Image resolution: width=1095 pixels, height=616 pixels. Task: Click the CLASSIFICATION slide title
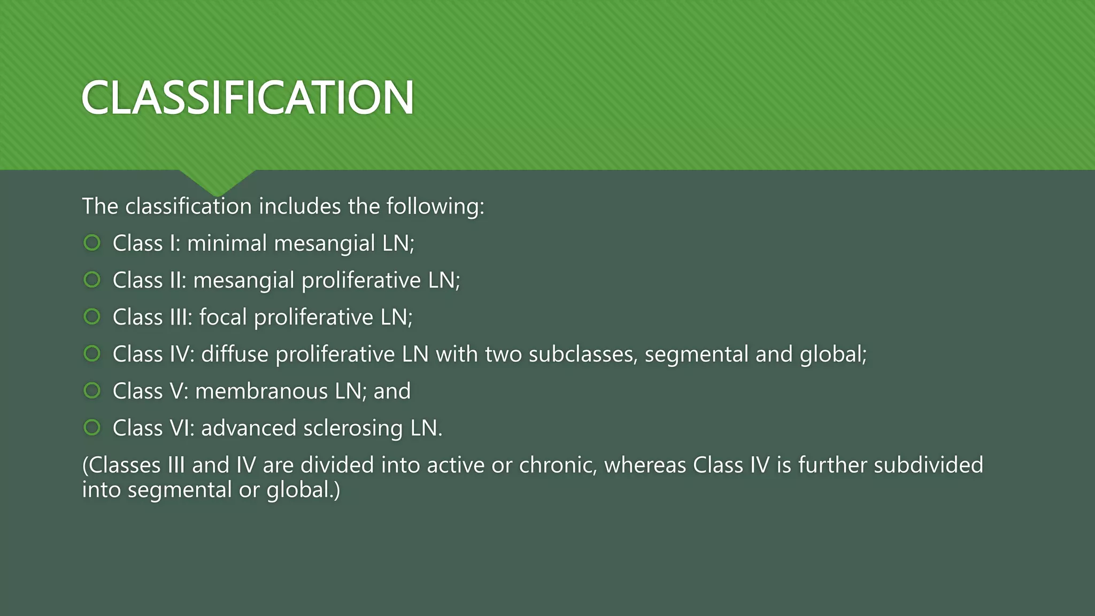click(x=248, y=97)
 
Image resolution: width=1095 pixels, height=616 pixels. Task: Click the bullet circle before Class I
click(x=92, y=243)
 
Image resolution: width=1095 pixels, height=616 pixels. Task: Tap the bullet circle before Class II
click(x=92, y=280)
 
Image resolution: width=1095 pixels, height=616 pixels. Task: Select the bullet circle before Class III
click(x=92, y=317)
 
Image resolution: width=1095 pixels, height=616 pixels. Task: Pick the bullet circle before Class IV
click(x=92, y=353)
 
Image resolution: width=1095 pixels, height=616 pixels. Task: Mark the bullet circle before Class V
click(x=92, y=390)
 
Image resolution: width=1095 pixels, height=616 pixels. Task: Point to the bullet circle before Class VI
click(x=92, y=427)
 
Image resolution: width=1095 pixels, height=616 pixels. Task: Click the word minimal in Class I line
click(x=227, y=243)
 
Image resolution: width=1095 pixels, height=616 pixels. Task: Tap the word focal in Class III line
click(x=223, y=317)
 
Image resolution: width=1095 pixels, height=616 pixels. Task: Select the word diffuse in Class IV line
click(x=235, y=354)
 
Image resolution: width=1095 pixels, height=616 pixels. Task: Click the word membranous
click(x=261, y=391)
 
